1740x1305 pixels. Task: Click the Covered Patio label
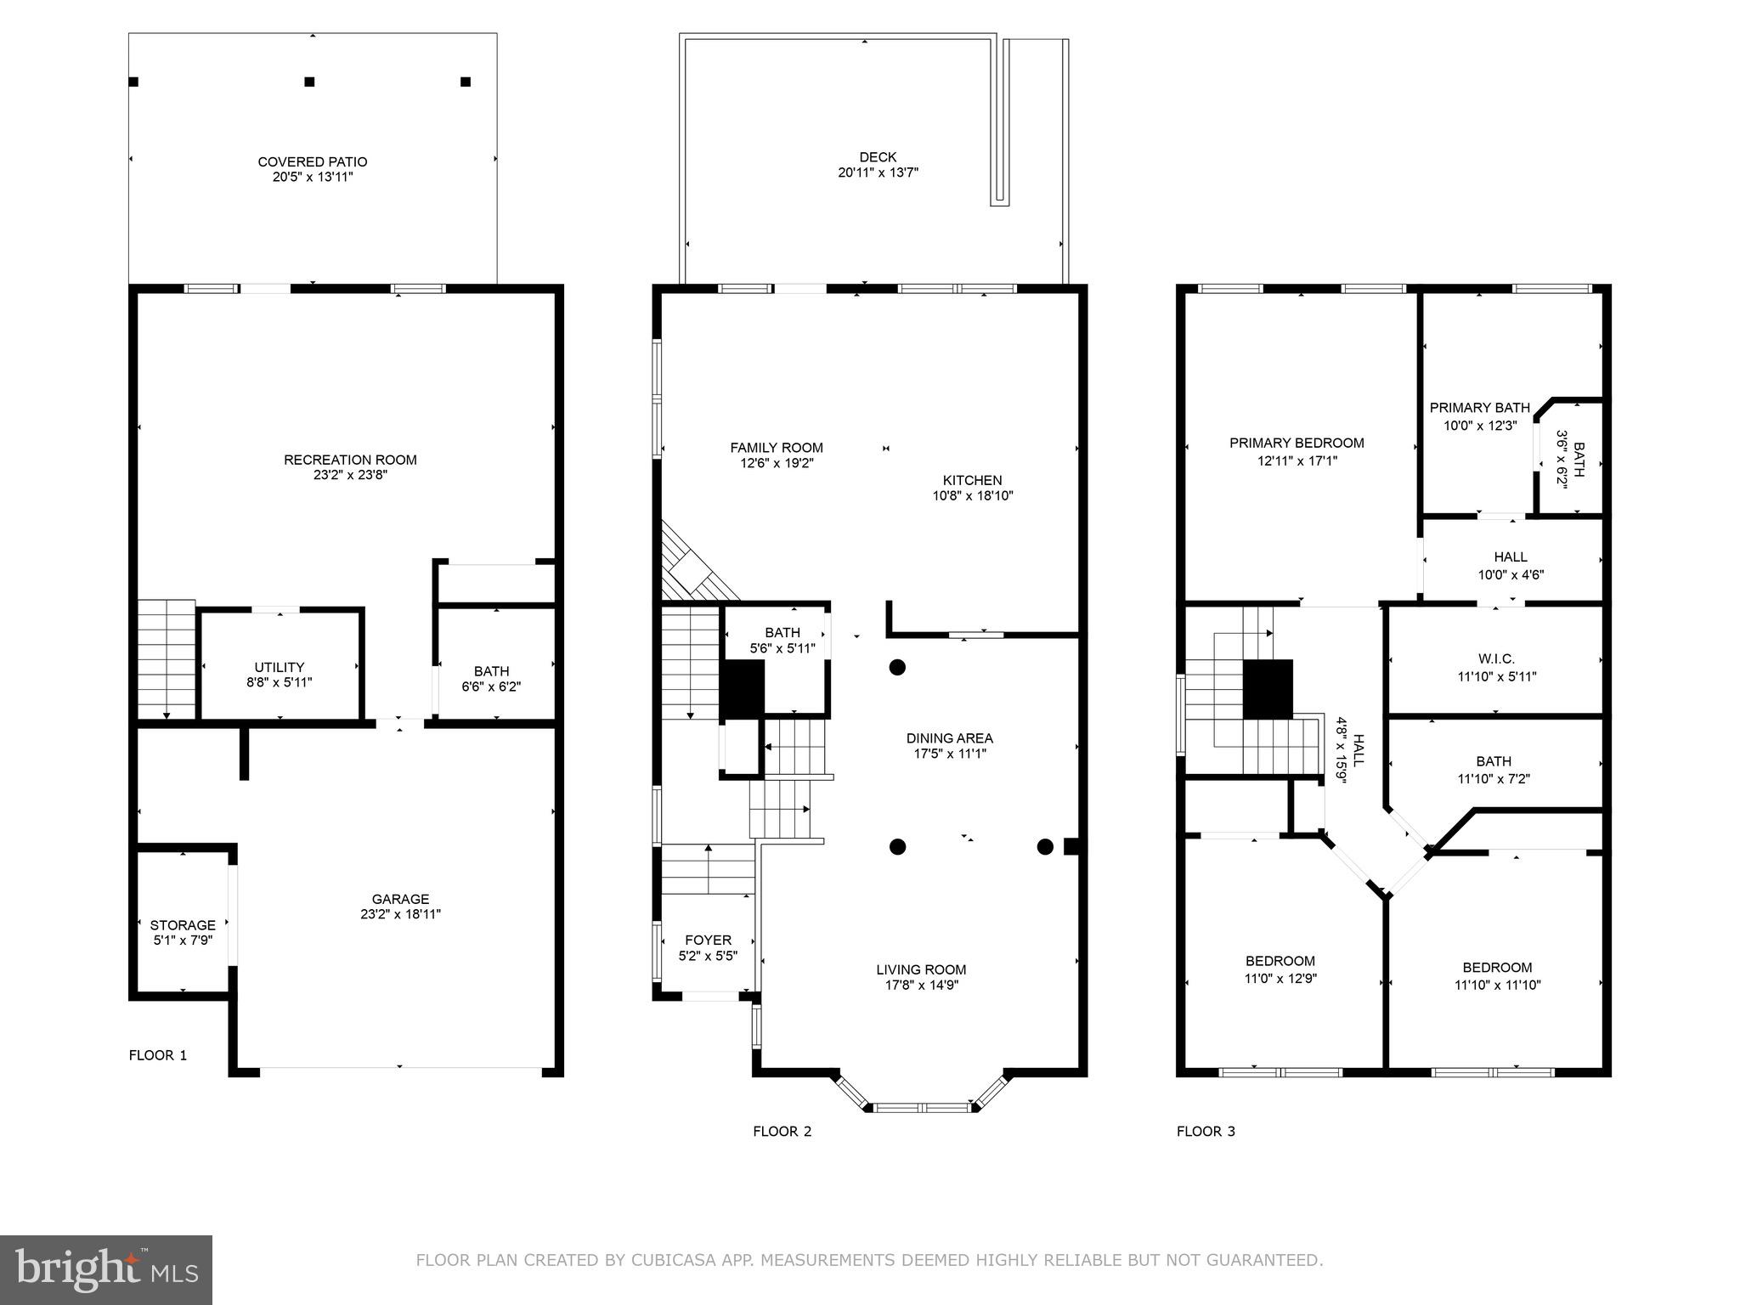312,161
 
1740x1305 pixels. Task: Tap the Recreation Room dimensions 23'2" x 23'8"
350,476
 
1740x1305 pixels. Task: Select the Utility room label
279,667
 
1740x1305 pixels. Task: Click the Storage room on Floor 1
183,925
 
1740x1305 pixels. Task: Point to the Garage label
400,899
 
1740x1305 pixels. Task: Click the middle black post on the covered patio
309,82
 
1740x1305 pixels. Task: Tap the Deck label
878,157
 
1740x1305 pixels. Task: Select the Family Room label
777,448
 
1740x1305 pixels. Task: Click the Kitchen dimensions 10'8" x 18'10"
973,496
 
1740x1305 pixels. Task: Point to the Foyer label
708,940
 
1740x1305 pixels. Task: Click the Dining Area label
949,738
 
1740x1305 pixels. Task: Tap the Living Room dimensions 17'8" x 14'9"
921,986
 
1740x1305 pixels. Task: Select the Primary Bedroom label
1297,443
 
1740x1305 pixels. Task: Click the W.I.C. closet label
1496,658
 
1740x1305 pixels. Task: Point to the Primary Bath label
1479,408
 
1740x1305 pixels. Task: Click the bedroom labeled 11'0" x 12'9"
1280,969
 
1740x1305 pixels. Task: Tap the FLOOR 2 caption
782,1131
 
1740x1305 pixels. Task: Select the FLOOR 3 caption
1206,1131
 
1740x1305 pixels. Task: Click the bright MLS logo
106,1269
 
